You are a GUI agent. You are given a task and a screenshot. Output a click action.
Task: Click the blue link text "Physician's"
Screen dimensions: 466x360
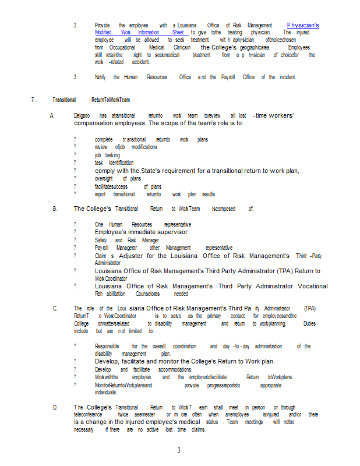[x=303, y=25]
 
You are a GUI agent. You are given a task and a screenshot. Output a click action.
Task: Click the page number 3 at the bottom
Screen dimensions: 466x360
[x=179, y=450]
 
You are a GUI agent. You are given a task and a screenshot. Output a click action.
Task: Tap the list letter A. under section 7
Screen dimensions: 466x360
[x=53, y=116]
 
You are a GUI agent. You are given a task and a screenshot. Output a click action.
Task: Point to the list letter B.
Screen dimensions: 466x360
[x=55, y=208]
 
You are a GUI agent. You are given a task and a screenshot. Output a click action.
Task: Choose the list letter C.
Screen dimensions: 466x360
[x=55, y=308]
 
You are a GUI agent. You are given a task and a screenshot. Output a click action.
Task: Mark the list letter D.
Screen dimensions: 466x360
[x=55, y=407]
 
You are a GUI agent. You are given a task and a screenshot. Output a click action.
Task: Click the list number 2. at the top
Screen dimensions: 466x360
[x=76, y=25]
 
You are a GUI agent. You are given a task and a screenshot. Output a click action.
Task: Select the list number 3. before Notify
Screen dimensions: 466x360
[x=76, y=77]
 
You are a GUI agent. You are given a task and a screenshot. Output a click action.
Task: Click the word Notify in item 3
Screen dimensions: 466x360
[x=101, y=77]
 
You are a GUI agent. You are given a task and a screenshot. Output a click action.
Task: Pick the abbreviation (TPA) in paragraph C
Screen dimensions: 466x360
[x=309, y=308]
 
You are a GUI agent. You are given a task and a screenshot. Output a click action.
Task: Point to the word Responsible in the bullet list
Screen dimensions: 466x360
[x=108, y=346]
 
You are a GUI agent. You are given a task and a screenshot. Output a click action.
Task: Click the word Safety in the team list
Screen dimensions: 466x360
[x=101, y=240]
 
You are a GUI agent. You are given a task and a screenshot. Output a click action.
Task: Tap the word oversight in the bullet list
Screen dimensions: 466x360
[x=104, y=178]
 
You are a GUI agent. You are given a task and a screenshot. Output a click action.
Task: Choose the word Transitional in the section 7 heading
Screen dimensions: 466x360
[x=64, y=100]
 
